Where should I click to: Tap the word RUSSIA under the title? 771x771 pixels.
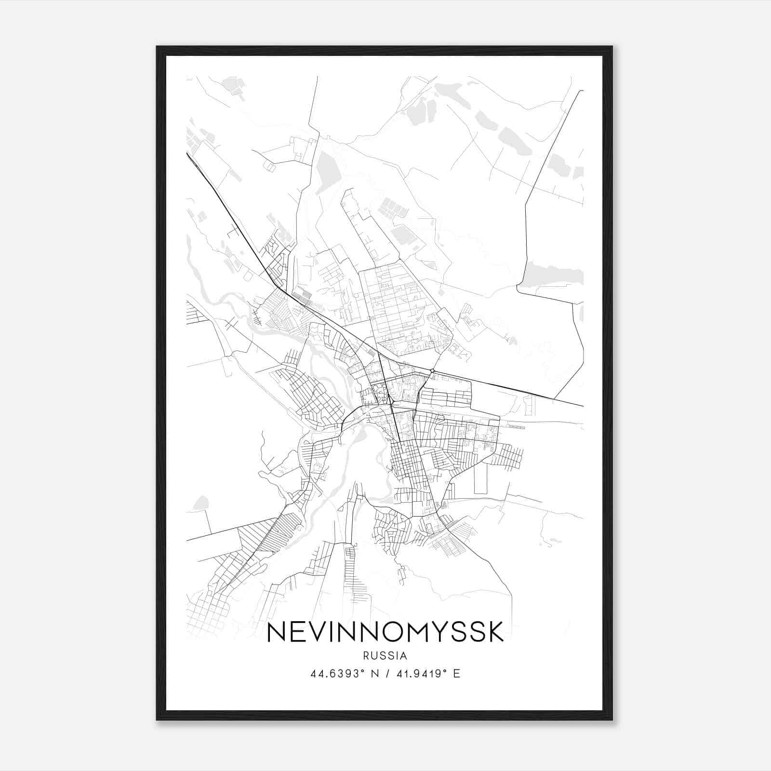[385, 656]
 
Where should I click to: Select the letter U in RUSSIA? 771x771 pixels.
[374, 656]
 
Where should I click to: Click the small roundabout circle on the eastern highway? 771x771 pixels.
[432, 370]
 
